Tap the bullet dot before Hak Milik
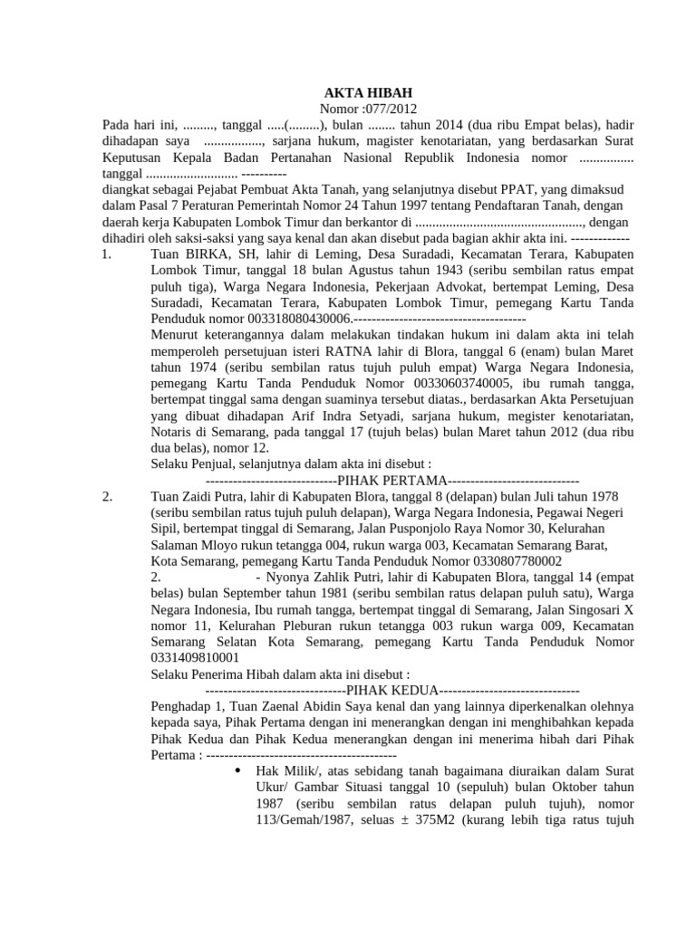click(237, 771)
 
